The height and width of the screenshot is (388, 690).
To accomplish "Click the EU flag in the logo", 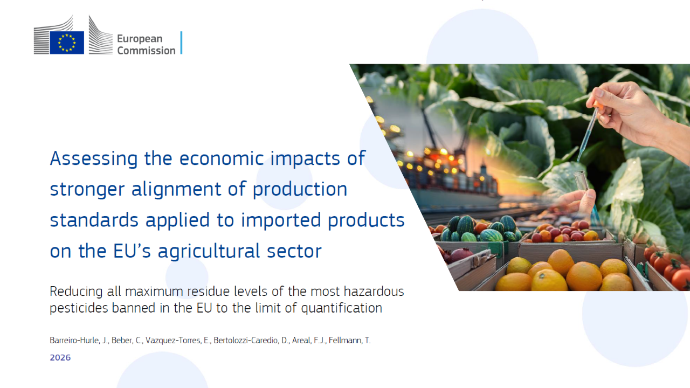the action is (67, 43).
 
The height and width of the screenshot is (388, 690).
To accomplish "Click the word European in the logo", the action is (140, 39).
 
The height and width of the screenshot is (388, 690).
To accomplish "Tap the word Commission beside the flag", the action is (146, 51).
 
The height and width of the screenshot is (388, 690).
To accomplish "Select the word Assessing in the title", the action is (94, 159).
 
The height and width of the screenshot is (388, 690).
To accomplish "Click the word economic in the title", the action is (222, 158).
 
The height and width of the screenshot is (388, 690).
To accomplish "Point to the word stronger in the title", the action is (87, 190).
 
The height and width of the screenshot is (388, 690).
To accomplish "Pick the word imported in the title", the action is (281, 221).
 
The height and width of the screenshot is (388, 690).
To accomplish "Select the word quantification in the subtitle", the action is (341, 308).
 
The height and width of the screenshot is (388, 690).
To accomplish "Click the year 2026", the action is (60, 357).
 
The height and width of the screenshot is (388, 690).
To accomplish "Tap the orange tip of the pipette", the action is (598, 105).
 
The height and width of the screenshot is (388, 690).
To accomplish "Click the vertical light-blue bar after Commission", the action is (182, 43).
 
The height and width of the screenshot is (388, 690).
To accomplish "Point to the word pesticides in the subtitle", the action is (79, 308).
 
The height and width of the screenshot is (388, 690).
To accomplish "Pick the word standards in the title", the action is (94, 220).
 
